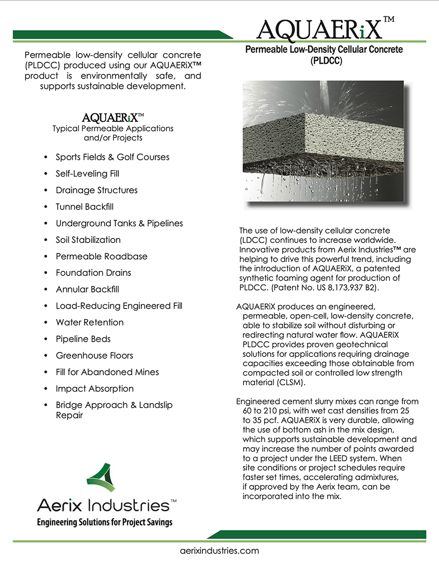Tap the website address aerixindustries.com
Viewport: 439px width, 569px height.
click(220, 550)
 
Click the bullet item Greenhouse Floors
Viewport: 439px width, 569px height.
click(94, 355)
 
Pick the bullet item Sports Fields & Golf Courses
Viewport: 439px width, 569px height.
click(112, 157)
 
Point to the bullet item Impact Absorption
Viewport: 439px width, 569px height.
click(95, 388)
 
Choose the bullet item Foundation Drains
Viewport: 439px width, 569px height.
click(93, 272)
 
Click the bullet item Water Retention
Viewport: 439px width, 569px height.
click(90, 322)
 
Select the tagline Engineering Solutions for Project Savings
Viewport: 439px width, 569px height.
click(105, 522)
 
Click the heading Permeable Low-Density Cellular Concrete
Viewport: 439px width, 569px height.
click(324, 50)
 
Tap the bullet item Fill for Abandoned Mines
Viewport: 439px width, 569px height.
click(107, 372)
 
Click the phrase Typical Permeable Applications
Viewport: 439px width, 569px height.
click(113, 128)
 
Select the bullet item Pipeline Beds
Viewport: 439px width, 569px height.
click(83, 339)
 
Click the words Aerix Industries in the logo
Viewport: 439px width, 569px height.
click(103, 504)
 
